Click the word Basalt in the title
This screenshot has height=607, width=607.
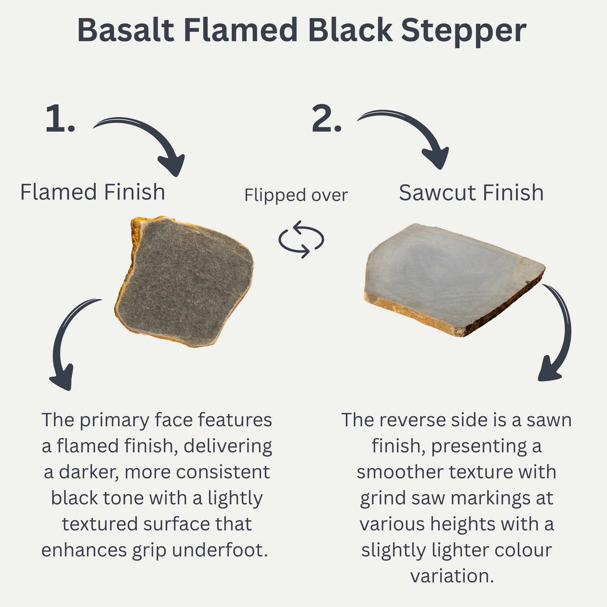[x=126, y=30]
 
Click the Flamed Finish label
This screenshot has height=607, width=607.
[x=93, y=192]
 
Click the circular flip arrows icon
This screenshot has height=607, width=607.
[x=301, y=239]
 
